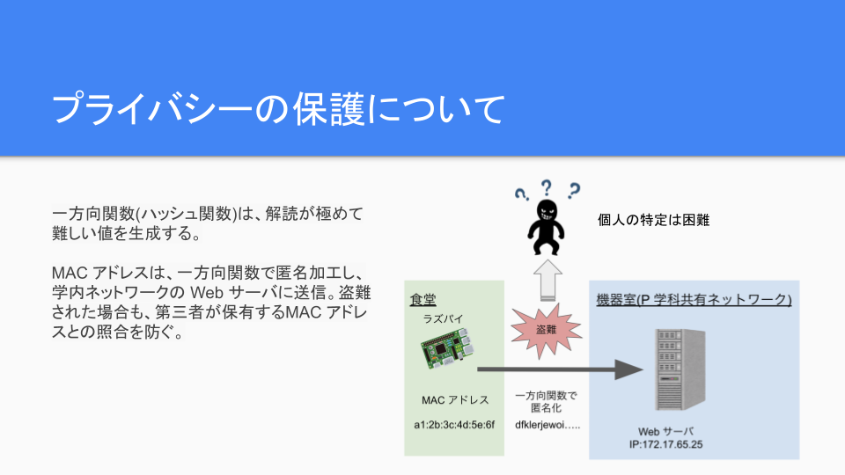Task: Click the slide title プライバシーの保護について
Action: click(x=278, y=109)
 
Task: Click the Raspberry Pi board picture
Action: click(x=447, y=348)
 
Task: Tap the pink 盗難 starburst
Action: click(x=546, y=330)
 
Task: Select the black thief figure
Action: click(x=546, y=227)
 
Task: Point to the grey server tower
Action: click(x=680, y=369)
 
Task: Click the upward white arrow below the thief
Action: click(x=547, y=281)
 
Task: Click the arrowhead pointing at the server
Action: click(x=628, y=369)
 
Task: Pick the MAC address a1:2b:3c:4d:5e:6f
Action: click(x=454, y=425)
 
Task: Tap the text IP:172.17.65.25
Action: click(x=666, y=444)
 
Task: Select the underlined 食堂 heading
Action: click(x=423, y=299)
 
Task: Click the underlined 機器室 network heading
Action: click(x=694, y=299)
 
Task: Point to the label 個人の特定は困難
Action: click(x=653, y=220)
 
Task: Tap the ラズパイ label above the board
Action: click(x=443, y=318)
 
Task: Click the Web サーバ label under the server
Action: click(x=666, y=431)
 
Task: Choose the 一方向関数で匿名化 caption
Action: click(x=546, y=402)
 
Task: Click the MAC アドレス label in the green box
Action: click(x=455, y=400)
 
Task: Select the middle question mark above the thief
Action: click(x=547, y=187)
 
